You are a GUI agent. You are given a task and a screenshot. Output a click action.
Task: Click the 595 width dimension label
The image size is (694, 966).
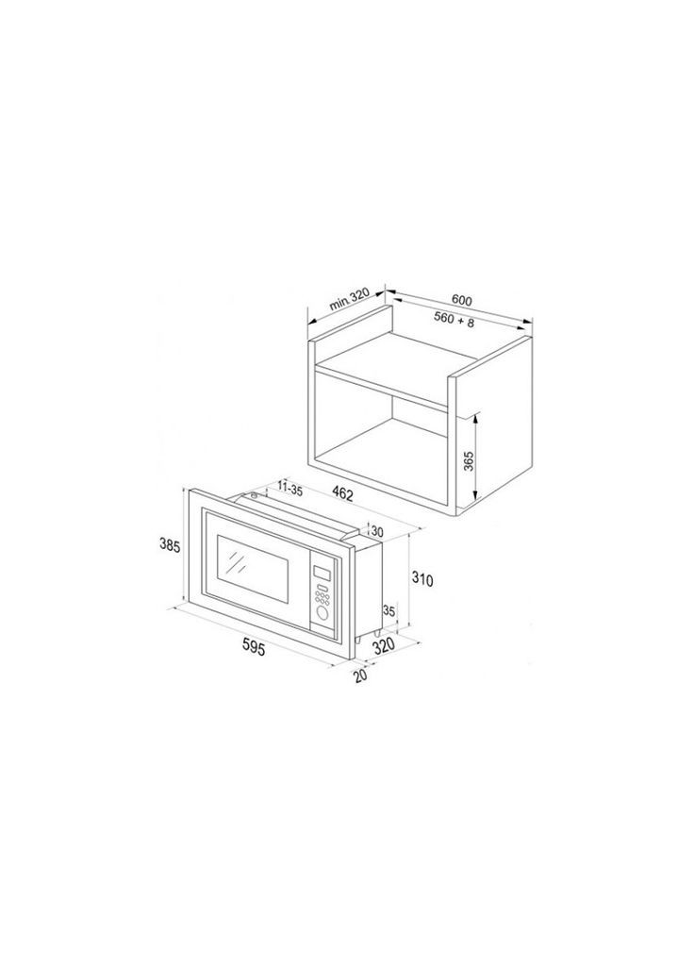[x=253, y=647]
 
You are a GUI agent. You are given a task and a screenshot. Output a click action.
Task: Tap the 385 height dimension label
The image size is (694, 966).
[x=169, y=546]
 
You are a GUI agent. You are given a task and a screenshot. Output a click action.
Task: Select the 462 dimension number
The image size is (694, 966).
[x=342, y=492]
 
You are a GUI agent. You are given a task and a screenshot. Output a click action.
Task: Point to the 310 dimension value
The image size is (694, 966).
[x=422, y=580]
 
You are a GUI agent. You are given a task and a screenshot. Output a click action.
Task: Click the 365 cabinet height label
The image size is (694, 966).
[x=468, y=459]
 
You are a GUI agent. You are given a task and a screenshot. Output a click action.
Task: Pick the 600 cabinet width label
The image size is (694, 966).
[x=461, y=300]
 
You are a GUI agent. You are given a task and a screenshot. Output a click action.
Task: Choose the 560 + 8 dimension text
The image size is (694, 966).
[x=454, y=319]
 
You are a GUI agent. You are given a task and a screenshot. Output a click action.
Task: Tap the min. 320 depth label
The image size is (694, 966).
[x=349, y=299]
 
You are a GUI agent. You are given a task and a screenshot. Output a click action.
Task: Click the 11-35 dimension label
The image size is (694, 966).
[x=289, y=490]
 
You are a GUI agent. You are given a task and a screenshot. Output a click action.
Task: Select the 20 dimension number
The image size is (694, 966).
[x=361, y=675]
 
